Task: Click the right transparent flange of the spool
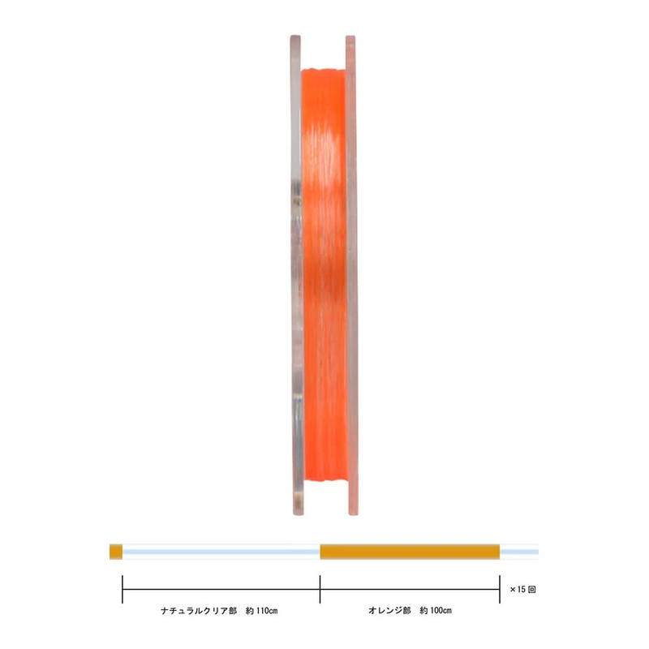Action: [x=351, y=276]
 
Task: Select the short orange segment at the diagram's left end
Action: [x=115, y=552]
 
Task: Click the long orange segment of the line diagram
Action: [x=410, y=552]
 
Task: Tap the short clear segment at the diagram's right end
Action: [x=519, y=552]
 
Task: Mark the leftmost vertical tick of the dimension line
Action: [x=122, y=589]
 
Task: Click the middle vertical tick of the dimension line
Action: [x=320, y=589]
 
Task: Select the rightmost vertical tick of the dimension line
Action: [x=499, y=589]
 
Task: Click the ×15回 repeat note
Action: [x=522, y=590]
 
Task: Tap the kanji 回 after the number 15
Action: [x=531, y=590]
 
